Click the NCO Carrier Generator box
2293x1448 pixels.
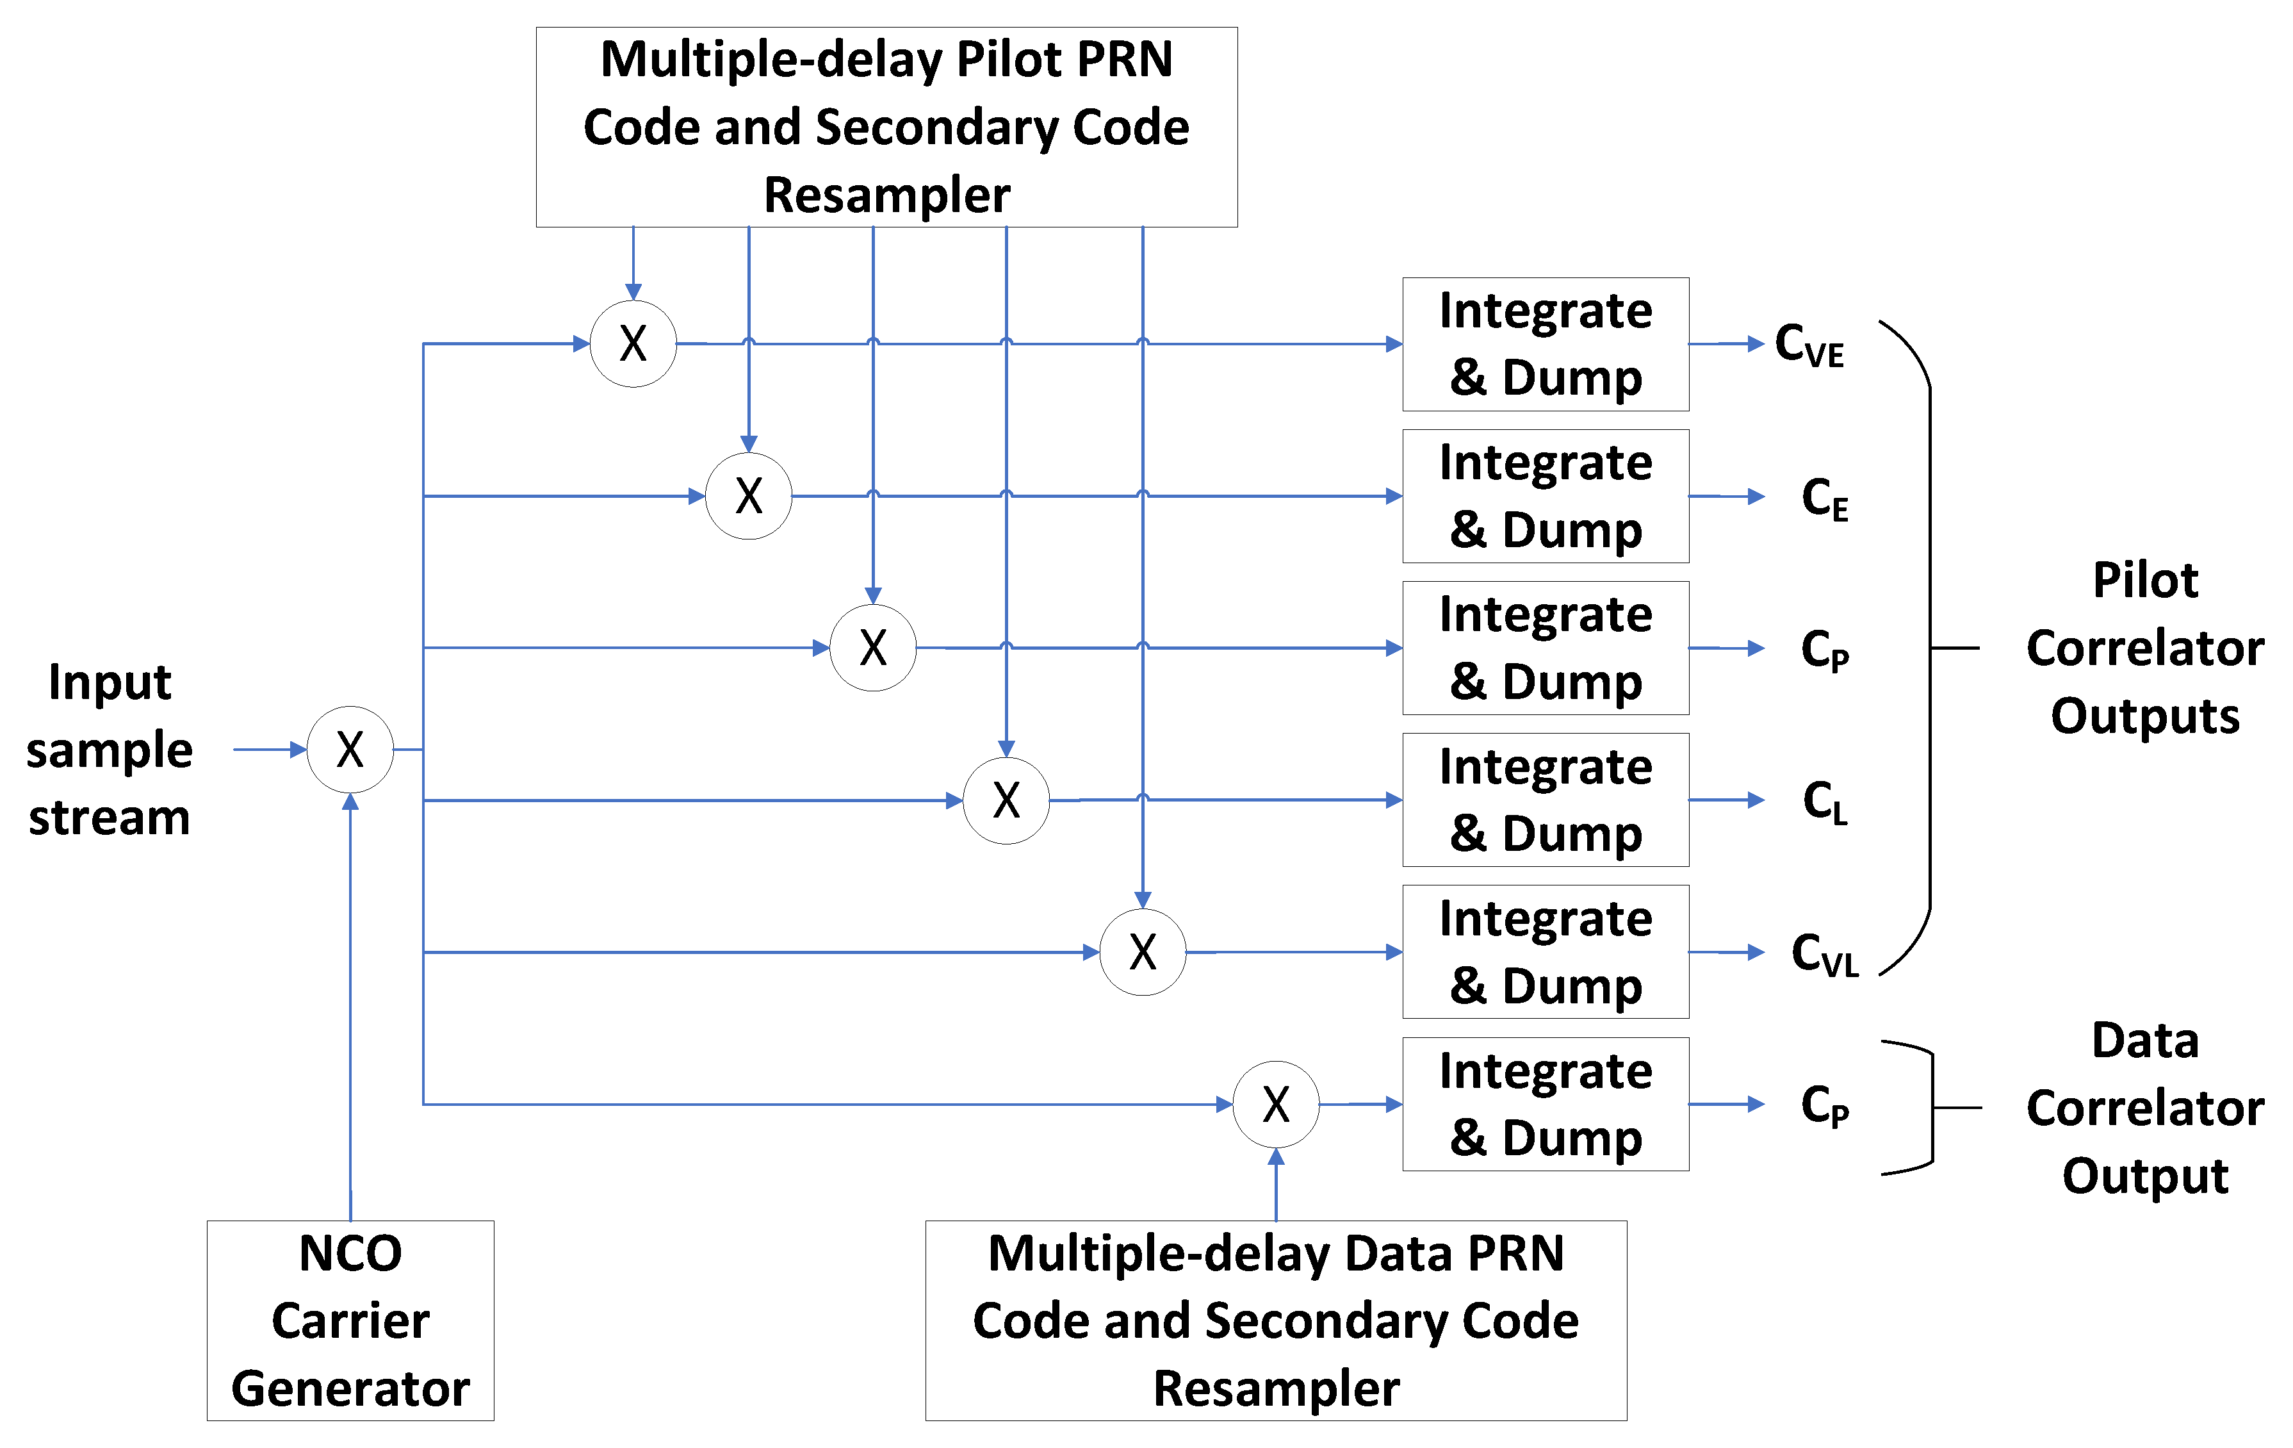[x=350, y=1320]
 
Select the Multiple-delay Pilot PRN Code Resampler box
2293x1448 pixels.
[x=886, y=127]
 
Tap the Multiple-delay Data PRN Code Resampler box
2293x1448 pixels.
[x=1276, y=1320]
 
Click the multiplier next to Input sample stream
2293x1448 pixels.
[x=350, y=750]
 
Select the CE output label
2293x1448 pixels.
[x=1825, y=498]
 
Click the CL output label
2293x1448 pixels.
[x=1825, y=802]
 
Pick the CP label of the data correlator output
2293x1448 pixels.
[x=1825, y=1105]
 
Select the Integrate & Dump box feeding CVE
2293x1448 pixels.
[x=1546, y=344]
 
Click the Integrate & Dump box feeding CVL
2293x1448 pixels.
[x=1546, y=951]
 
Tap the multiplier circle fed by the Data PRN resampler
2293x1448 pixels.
[x=1276, y=1104]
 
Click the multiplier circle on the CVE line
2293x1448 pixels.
[x=633, y=344]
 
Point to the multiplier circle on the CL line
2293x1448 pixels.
[x=1006, y=800]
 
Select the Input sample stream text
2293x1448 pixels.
[x=110, y=750]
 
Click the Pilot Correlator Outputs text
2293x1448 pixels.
[x=2144, y=648]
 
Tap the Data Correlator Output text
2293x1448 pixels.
[x=2144, y=1107]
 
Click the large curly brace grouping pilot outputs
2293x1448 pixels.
[x=1929, y=648]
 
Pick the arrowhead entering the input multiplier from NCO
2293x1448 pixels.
[x=350, y=803]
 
